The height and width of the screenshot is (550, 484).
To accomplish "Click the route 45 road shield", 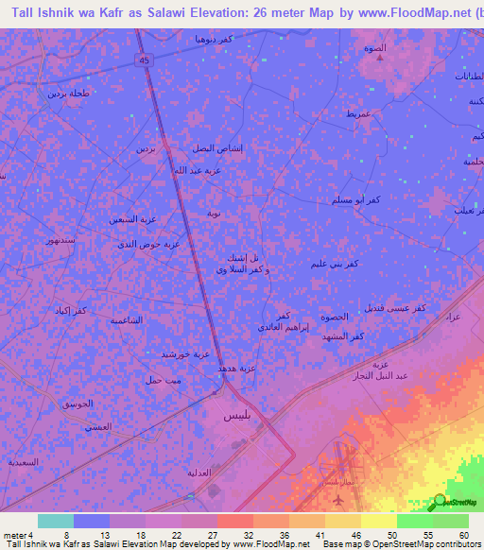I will [x=145, y=60].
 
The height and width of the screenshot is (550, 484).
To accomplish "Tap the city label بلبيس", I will [x=237, y=415].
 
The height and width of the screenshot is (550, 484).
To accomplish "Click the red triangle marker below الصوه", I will [x=381, y=58].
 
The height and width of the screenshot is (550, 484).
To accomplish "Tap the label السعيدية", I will [x=23, y=462].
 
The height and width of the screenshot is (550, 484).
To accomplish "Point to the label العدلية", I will [x=199, y=471].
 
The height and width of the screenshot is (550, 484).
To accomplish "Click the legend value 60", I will [x=462, y=534].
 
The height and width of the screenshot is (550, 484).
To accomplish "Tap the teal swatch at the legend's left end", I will [x=56, y=521].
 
